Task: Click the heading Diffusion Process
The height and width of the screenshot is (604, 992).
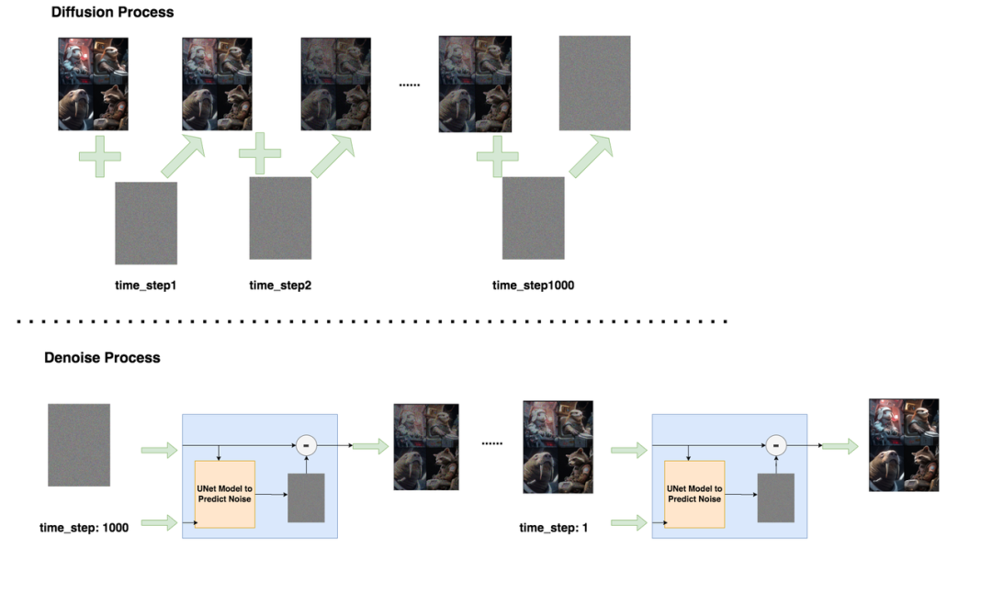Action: (x=112, y=13)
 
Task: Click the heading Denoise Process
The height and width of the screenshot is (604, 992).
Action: (x=102, y=358)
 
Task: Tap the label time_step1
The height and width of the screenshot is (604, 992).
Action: (x=145, y=285)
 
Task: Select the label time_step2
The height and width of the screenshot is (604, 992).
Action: (x=280, y=285)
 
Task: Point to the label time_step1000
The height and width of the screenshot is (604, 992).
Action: (x=533, y=285)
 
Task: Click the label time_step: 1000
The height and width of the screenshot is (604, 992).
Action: (x=84, y=528)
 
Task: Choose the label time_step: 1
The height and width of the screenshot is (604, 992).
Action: (x=554, y=528)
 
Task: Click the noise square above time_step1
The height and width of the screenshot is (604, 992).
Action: (x=146, y=223)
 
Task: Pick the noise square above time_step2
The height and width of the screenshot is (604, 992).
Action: (x=280, y=218)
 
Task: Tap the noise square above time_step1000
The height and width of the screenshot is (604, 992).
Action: (x=533, y=218)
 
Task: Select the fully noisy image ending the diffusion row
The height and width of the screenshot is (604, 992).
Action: (x=594, y=83)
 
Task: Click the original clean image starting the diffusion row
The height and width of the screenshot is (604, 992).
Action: (x=93, y=84)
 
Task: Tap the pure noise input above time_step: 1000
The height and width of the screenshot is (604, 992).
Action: (x=79, y=445)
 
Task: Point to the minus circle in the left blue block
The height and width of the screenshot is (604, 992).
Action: (x=307, y=445)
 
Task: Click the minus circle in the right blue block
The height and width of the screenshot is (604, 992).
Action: (x=776, y=445)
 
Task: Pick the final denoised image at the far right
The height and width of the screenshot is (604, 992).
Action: (x=904, y=445)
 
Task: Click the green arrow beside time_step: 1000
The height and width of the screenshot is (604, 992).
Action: (x=159, y=523)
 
